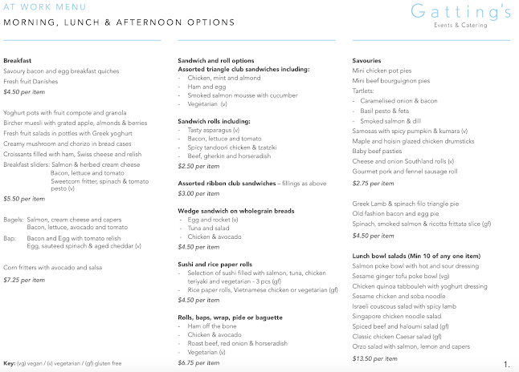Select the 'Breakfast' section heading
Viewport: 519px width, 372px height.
18,61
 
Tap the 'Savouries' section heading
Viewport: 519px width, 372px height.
367,61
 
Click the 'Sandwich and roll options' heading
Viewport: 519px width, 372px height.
215,61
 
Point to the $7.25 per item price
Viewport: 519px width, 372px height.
23,280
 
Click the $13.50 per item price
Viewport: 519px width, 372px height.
374,358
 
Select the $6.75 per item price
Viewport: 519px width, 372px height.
199,362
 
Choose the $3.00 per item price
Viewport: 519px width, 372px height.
199,193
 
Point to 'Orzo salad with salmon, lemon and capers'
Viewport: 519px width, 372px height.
411,347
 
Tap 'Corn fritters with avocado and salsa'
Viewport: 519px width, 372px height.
53,268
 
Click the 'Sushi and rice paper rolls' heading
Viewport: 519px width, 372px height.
215,264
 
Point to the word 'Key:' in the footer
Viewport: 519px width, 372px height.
10,363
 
